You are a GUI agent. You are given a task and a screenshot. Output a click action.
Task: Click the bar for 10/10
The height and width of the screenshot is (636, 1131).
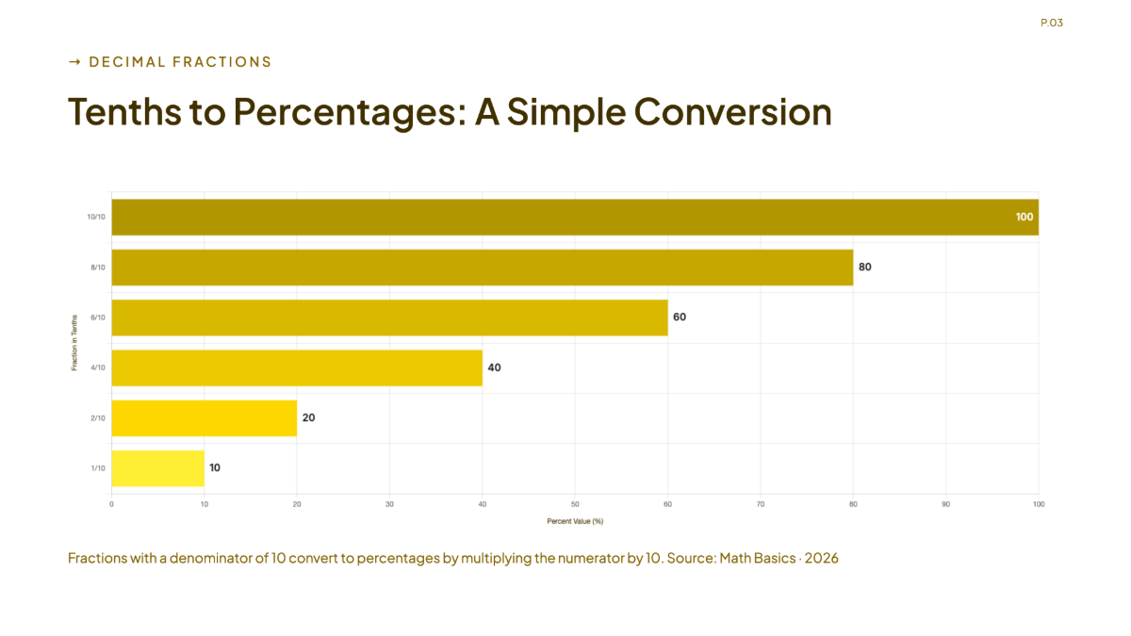575,217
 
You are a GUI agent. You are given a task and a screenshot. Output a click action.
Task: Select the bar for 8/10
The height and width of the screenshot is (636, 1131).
483,268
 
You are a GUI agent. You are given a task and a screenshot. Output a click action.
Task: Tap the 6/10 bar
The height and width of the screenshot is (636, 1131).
390,318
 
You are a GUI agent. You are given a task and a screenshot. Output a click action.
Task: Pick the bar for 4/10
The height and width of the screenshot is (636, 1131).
297,368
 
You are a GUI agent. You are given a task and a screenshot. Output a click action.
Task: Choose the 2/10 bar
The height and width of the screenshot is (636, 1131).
204,418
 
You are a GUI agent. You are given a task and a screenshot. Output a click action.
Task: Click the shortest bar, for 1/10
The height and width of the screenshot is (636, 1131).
158,468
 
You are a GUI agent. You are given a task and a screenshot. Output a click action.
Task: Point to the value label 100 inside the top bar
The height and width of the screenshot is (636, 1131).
1024,217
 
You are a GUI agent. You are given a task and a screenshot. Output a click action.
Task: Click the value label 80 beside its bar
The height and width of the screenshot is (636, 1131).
865,267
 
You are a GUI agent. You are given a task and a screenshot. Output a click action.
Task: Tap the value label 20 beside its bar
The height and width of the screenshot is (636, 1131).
308,417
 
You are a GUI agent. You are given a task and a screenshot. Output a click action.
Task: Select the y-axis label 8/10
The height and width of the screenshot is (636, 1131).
98,268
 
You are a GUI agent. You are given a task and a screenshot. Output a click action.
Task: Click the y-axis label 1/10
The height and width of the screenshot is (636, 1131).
98,468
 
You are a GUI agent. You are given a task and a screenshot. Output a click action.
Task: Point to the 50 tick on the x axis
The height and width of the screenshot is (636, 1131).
575,504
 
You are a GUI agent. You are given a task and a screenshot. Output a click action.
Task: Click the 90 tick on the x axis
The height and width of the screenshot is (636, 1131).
945,504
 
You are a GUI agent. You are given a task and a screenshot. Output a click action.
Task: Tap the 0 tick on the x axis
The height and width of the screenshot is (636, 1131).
111,504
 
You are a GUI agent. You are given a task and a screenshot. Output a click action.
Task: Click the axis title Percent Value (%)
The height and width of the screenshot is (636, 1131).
575,521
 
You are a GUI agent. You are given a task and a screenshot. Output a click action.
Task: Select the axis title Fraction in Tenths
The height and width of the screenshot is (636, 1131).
74,343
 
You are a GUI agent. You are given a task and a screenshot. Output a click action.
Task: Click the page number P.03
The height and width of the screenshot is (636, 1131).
1052,23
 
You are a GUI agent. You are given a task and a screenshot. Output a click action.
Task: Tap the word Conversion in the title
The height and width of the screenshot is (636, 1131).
732,111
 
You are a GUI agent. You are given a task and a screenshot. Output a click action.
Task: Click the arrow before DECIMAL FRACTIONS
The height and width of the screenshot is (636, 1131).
74,62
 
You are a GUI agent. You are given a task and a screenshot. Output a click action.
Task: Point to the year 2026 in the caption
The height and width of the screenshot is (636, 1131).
822,558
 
